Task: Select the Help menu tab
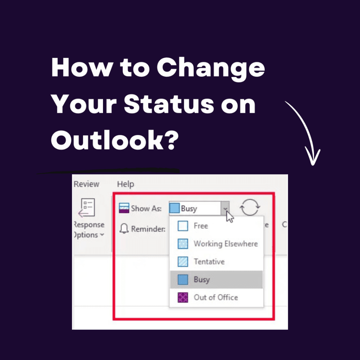point(126,184)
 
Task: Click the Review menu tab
point(86,184)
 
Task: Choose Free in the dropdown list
point(201,226)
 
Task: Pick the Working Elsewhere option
point(225,244)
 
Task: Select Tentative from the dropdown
point(209,262)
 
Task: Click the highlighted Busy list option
point(201,279)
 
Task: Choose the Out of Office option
point(216,297)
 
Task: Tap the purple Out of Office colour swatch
point(183,297)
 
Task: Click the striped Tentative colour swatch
point(183,262)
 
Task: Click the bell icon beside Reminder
point(124,229)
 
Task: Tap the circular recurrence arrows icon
point(250,208)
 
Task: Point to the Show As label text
point(146,208)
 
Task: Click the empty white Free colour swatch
point(183,226)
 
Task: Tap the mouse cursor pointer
point(229,216)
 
